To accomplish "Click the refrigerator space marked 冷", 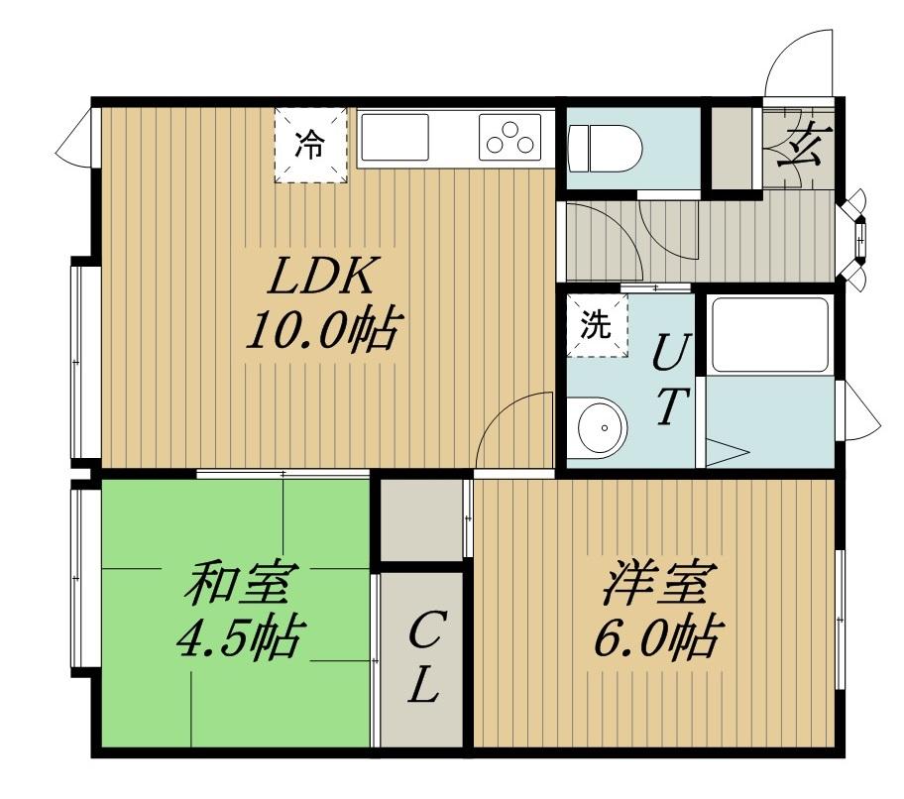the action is [311, 146].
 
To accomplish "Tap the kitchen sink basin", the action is [395, 137].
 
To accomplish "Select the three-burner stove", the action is [510, 137].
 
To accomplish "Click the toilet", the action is [605, 148].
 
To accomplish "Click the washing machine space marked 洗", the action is [598, 326].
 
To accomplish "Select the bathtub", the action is [770, 335].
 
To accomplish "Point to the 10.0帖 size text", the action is [323, 330].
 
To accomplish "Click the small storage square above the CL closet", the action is [422, 518].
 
